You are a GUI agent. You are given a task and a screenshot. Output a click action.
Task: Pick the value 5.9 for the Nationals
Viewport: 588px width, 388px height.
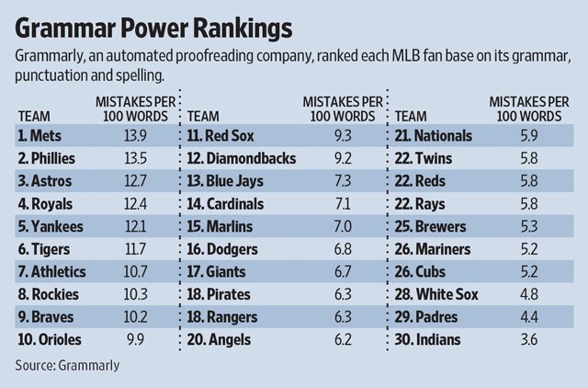(527, 135)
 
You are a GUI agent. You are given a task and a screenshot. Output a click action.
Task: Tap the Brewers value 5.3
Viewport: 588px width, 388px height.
(527, 226)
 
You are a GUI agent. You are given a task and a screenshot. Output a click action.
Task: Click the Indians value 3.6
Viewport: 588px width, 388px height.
(527, 340)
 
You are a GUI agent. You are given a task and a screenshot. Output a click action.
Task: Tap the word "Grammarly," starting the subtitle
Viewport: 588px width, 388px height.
(53, 57)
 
